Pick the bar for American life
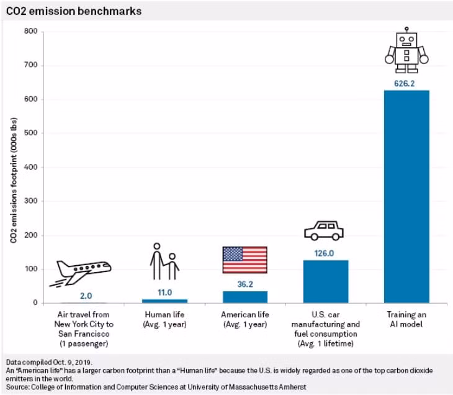pyautogui.click(x=244, y=297)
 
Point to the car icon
pyautogui.click(x=323, y=230)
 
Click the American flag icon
pyautogui.click(x=244, y=260)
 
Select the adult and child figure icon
pyautogui.click(x=164, y=261)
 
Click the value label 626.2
pyautogui.click(x=406, y=83)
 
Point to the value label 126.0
pyautogui.click(x=326, y=253)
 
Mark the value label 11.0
pyautogui.click(x=164, y=291)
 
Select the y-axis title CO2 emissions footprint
pyautogui.click(x=13, y=168)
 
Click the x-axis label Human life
pyautogui.click(x=164, y=319)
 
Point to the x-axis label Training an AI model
pyautogui.click(x=406, y=319)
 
